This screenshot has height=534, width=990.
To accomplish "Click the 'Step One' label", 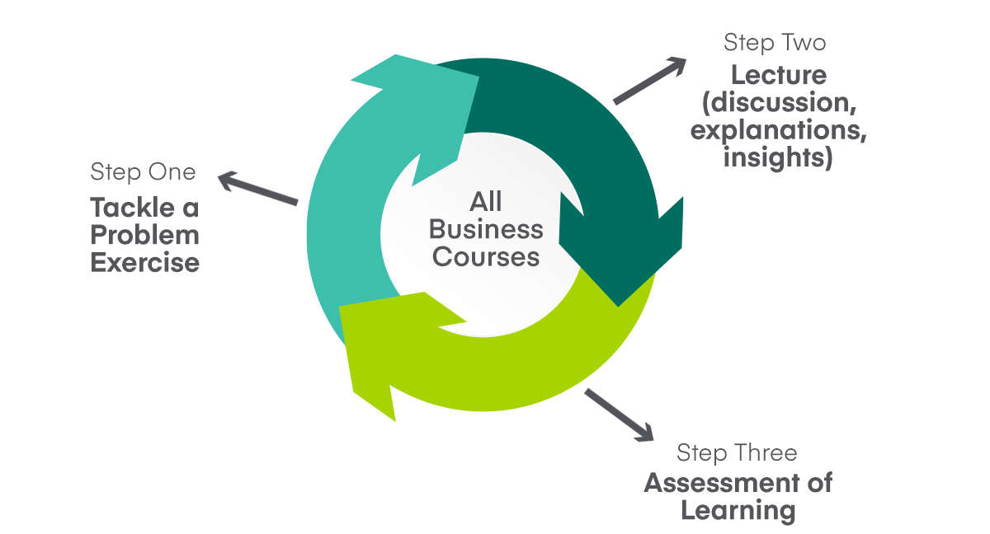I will [143, 171].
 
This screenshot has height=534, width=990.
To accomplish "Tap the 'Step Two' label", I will [774, 42].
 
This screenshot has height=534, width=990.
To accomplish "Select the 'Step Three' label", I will [737, 453].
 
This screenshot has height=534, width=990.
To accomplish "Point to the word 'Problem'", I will [144, 235].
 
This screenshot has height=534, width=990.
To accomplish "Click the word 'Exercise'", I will [144, 263].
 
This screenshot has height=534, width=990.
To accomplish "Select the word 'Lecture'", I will [778, 76].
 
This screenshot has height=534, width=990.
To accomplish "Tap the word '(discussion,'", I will [778, 104].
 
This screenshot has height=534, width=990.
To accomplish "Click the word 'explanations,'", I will [778, 131].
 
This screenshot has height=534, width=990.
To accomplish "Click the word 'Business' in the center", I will [486, 229].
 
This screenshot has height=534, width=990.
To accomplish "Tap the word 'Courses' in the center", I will [486, 256].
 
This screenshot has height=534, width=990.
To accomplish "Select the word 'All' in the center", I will [486, 202].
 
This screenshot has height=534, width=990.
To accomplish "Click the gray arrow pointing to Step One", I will [257, 188].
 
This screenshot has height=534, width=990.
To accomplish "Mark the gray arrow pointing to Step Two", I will [650, 81].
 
